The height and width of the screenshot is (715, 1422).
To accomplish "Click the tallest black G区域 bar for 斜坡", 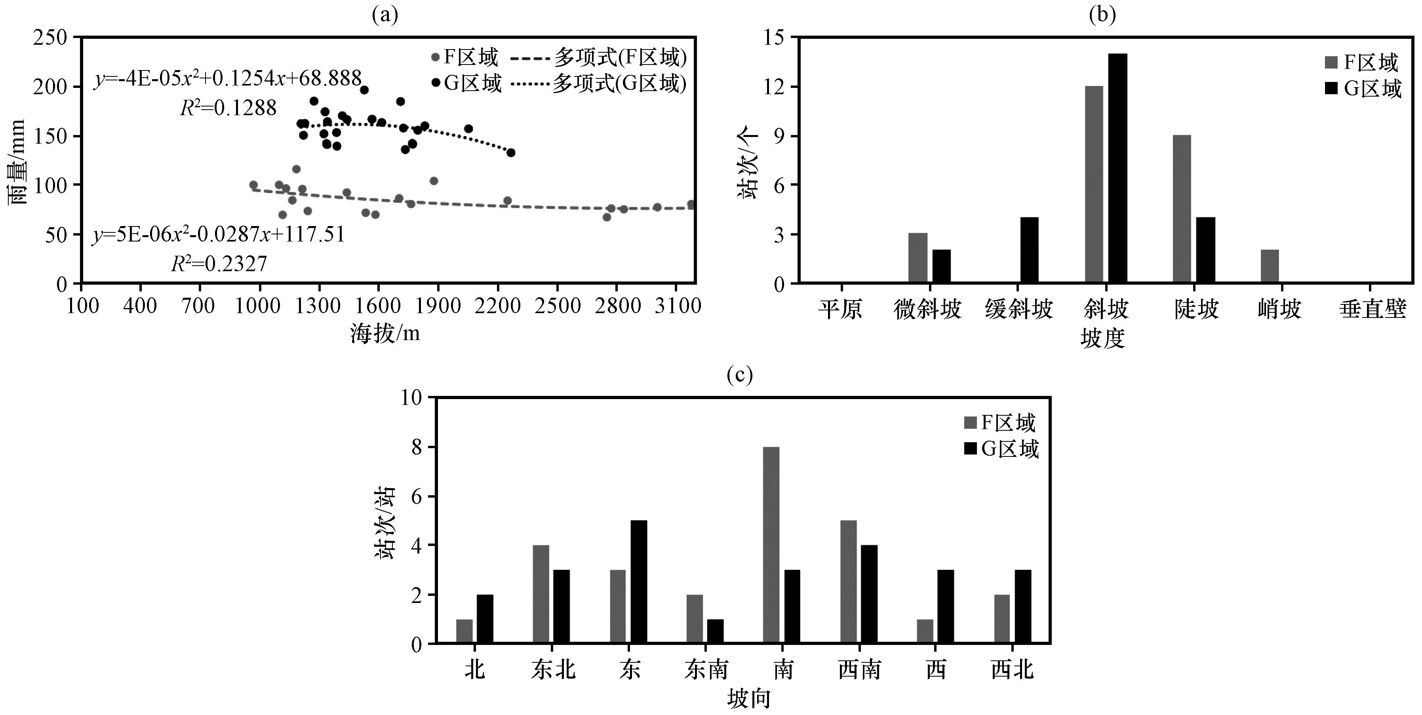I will [1117, 168].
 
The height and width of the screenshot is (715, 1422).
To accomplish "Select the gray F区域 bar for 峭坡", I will [1270, 266].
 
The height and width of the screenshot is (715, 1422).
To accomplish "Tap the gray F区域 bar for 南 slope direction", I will [771, 545].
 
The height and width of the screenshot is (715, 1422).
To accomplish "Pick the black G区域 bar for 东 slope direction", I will [639, 582].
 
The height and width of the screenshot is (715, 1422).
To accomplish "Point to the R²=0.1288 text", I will [228, 108].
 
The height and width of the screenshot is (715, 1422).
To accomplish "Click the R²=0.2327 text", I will [219, 264].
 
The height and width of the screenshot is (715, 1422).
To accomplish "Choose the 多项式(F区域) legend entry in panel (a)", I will [599, 57].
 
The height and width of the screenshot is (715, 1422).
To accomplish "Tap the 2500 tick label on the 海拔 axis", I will [558, 306].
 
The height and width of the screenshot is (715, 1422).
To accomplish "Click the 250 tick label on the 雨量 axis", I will [49, 38].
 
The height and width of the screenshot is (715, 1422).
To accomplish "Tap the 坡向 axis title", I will [748, 700].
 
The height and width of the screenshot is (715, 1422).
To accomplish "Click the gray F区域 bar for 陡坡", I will [1182, 209].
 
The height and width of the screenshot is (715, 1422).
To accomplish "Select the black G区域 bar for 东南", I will [716, 631].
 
